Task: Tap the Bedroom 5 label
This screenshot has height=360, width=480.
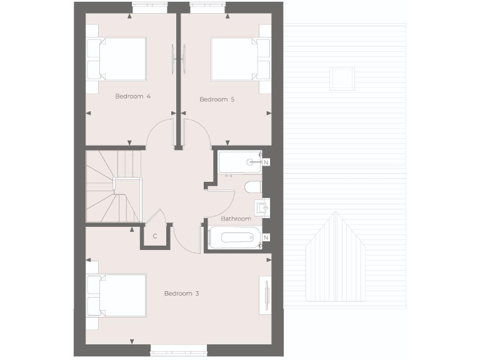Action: [212, 99]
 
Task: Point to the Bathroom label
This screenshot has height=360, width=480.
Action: [236, 219]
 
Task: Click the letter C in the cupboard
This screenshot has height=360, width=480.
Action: [155, 236]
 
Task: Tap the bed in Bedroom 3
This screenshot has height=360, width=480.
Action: [117, 294]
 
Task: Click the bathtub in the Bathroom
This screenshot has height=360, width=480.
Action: [234, 238]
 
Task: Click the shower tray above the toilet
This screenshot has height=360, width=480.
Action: [240, 162]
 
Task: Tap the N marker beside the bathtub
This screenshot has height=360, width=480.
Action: [266, 238]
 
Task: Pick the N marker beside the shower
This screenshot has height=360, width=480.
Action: [266, 162]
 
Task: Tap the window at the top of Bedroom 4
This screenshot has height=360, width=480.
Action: [149, 7]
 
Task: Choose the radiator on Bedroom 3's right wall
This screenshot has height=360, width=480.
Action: [267, 294]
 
